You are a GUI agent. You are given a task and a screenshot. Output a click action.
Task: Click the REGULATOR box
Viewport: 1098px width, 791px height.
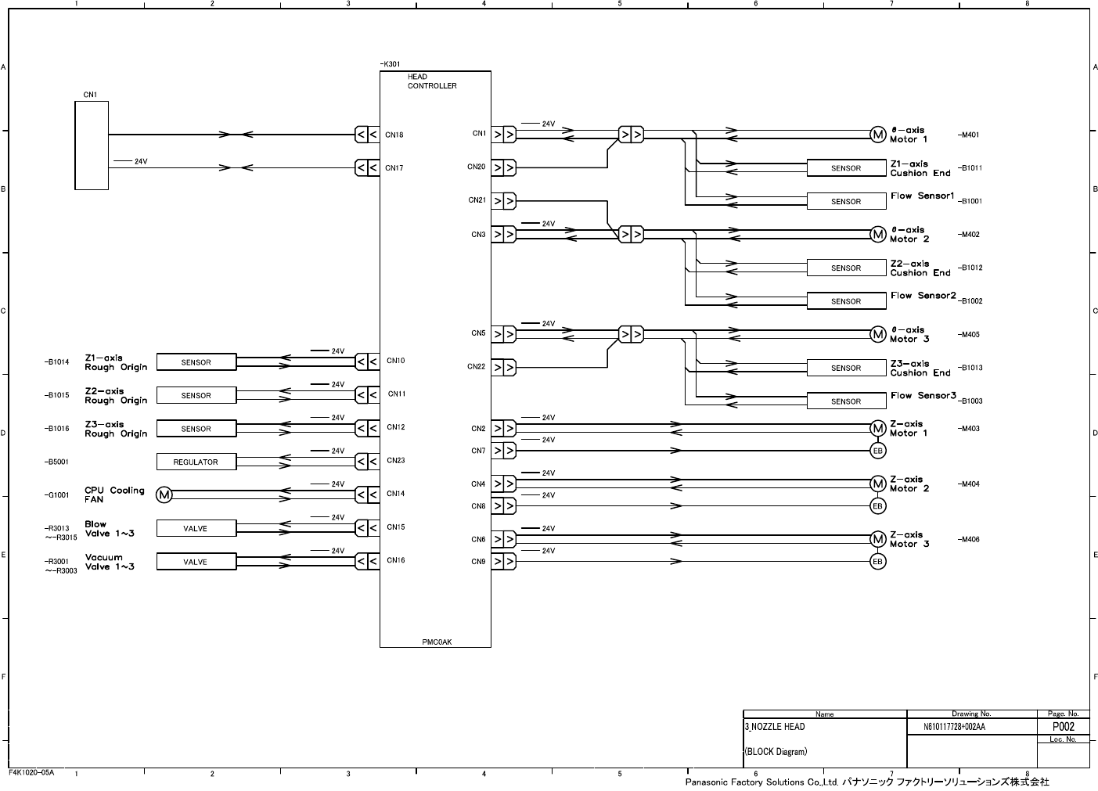click(196, 462)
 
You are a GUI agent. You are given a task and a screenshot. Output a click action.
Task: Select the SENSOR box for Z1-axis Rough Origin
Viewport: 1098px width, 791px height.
click(196, 362)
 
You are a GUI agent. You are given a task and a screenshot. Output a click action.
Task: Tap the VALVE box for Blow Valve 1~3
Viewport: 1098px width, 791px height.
click(196, 529)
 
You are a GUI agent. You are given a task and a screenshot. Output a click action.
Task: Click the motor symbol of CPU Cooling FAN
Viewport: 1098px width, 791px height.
click(164, 494)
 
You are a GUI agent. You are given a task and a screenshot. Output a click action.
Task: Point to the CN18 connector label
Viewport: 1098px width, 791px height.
click(394, 135)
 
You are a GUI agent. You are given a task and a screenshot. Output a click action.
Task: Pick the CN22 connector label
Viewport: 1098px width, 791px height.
click(476, 366)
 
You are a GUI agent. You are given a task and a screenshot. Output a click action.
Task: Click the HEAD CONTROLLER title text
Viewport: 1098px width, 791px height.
click(431, 81)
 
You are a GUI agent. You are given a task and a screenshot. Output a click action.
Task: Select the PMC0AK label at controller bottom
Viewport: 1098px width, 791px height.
click(437, 642)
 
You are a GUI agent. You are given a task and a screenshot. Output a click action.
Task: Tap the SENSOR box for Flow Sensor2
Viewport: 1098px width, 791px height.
click(846, 301)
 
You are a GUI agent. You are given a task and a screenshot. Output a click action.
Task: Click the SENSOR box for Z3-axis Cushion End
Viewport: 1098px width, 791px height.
click(846, 368)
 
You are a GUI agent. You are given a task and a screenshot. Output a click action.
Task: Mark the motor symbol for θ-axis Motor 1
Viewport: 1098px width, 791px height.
click(878, 135)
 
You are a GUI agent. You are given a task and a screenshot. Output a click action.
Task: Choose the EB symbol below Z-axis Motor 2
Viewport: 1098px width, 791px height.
click(877, 506)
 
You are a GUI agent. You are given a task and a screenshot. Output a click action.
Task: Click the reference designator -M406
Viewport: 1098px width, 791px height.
click(968, 540)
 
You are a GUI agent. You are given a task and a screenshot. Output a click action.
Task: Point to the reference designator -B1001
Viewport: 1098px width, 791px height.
click(970, 201)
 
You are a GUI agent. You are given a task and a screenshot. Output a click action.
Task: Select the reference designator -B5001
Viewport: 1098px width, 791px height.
click(56, 462)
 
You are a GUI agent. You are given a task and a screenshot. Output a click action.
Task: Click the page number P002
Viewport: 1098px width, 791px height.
click(1063, 727)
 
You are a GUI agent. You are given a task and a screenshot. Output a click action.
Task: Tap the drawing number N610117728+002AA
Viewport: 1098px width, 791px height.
click(954, 727)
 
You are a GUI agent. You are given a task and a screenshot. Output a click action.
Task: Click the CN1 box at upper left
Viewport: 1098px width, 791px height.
click(92, 146)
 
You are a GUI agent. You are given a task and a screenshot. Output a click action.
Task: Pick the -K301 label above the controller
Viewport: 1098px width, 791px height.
click(390, 64)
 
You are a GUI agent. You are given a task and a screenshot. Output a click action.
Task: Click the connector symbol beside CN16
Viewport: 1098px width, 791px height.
click(367, 561)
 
